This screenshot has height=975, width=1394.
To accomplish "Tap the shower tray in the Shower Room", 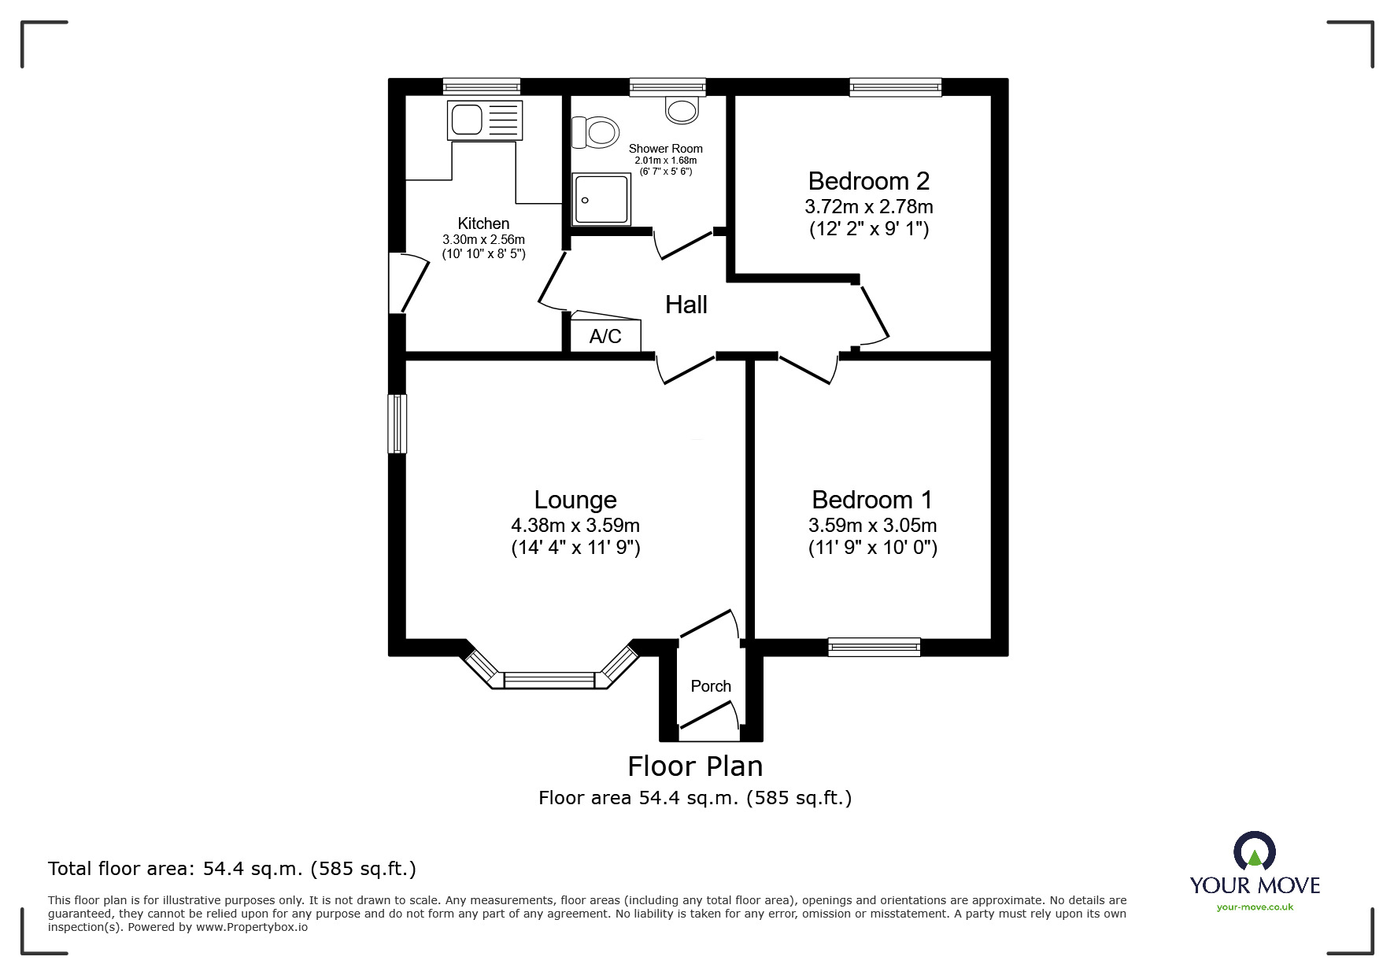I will pyautogui.click(x=602, y=200).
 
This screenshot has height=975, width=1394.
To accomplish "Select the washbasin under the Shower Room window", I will pyautogui.click(x=682, y=109).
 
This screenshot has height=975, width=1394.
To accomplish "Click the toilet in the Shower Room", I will pyautogui.click(x=595, y=131).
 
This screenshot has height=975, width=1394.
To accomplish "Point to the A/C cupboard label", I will pyautogui.click(x=605, y=337).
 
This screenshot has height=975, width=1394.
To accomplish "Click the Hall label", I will pyautogui.click(x=686, y=305).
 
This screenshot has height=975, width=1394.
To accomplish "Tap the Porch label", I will pyautogui.click(x=711, y=686).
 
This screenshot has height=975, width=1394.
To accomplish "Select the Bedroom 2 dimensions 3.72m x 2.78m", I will pyautogui.click(x=868, y=207).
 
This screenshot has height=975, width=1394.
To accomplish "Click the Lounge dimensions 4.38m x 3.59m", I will pyautogui.click(x=575, y=525).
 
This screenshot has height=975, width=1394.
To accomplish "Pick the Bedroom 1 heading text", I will pyautogui.click(x=871, y=500).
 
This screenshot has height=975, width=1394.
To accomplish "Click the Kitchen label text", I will pyautogui.click(x=483, y=223).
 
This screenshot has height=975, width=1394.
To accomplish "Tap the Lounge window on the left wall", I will pyautogui.click(x=397, y=424).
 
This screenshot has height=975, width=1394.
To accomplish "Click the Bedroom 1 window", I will pyautogui.click(x=874, y=647).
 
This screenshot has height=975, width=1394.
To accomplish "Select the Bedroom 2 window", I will pyautogui.click(x=895, y=87).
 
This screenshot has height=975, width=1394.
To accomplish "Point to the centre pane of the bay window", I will pyautogui.click(x=549, y=680).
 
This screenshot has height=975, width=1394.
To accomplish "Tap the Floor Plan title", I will pyautogui.click(x=695, y=766).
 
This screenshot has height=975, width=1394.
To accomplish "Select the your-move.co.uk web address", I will pyautogui.click(x=1255, y=907).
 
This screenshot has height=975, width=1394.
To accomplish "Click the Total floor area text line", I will pyautogui.click(x=232, y=869).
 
